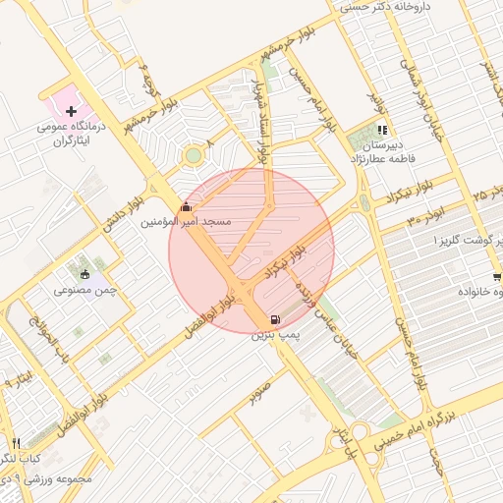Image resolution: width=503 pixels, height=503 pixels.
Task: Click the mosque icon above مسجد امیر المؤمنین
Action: point(187,207)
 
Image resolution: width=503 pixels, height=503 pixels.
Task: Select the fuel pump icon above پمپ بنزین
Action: point(272,319)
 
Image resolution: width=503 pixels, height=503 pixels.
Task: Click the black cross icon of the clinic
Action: point(71,112)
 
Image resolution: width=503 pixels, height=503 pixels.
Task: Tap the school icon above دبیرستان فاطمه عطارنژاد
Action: point(382,130)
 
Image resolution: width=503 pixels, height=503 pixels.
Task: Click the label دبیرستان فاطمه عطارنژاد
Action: point(383,149)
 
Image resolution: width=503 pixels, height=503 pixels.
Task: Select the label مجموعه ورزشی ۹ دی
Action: point(47,479)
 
